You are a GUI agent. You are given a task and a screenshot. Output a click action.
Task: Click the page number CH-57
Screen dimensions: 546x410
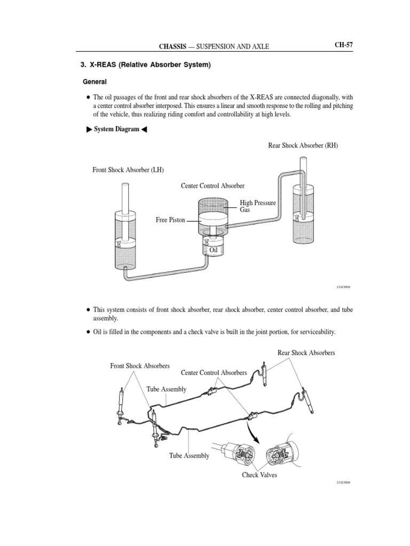344,45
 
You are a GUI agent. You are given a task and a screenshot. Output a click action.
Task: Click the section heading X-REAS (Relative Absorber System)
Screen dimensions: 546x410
146,66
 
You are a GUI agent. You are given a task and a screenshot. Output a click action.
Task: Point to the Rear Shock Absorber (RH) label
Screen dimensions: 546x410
303,146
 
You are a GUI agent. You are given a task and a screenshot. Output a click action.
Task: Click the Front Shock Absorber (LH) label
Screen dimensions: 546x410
128,170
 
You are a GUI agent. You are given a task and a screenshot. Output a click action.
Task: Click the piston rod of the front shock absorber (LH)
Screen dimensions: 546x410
126,197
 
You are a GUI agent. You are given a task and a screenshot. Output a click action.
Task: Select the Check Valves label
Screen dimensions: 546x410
259,475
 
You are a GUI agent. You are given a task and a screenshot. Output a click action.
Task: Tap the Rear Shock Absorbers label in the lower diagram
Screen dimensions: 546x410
306,353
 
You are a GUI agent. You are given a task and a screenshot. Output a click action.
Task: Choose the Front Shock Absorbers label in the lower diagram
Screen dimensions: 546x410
140,366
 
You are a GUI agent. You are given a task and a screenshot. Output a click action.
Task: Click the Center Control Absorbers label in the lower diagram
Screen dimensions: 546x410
214,372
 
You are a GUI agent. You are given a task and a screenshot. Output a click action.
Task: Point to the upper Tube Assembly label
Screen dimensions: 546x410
167,390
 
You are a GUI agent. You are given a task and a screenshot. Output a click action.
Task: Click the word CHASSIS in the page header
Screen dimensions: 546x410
177,47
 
